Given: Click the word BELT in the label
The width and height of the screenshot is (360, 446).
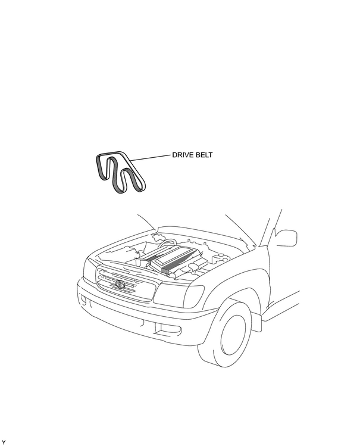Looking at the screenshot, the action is click(x=204, y=155).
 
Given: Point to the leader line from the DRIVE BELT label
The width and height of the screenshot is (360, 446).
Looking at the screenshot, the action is click(x=150, y=158).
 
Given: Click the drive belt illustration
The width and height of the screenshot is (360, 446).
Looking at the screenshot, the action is click(x=120, y=172).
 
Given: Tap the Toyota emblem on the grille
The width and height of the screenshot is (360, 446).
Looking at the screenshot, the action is click(x=120, y=283).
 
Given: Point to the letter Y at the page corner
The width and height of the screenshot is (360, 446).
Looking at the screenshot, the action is click(x=4, y=442).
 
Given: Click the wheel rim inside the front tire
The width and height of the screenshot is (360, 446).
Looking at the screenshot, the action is click(x=233, y=334).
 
